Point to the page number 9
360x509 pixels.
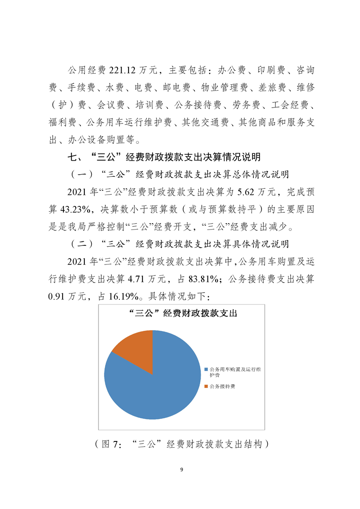(181, 469)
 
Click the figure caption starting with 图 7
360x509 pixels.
(180, 444)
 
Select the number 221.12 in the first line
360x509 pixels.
(122, 70)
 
